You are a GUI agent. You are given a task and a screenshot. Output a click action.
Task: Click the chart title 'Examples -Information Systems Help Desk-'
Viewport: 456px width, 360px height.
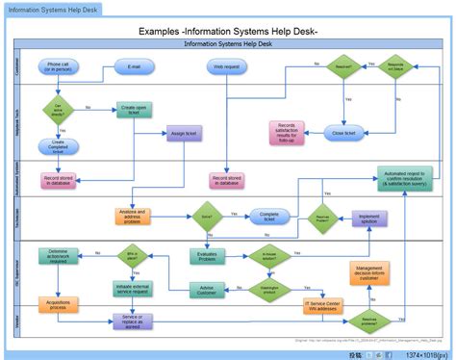click(228, 32)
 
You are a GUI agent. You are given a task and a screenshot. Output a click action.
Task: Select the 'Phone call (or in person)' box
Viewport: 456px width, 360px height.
click(58, 67)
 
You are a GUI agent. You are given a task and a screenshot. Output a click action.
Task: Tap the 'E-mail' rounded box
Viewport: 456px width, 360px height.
click(134, 67)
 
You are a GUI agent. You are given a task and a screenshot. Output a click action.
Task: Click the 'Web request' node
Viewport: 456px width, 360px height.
click(226, 67)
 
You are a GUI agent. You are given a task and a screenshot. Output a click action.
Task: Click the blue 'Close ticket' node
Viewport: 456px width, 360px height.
click(342, 134)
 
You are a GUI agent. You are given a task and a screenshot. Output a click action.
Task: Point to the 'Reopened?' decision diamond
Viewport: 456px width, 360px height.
click(341, 67)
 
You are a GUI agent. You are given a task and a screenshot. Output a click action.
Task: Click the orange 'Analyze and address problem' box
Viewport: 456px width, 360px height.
click(133, 216)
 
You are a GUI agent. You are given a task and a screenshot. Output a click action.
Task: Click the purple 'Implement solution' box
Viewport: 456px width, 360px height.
click(369, 219)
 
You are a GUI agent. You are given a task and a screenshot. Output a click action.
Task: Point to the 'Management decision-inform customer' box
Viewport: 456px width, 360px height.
click(369, 273)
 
